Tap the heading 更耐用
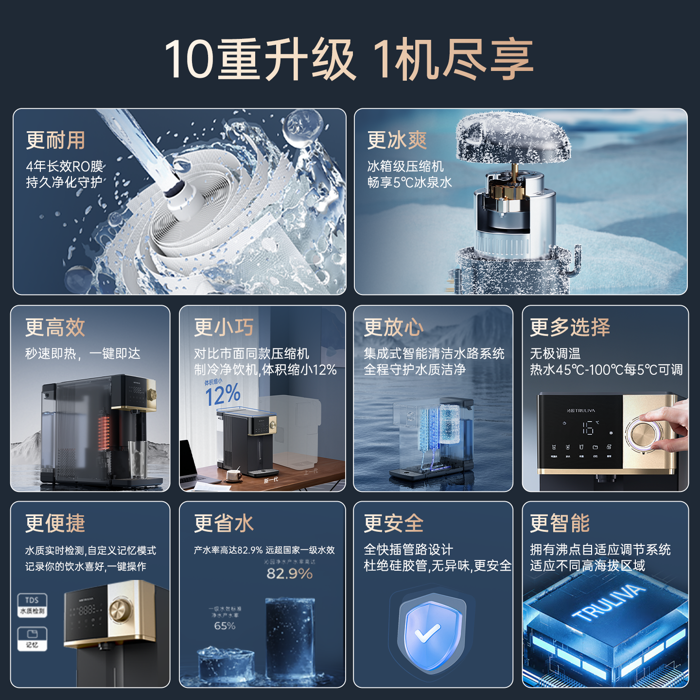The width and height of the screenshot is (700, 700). tap(55, 140)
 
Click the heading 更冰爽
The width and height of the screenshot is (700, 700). tap(397, 140)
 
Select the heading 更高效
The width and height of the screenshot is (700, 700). tap(55, 328)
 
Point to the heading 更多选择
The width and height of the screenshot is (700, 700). tap(570, 327)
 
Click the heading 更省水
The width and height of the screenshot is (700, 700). tap(224, 524)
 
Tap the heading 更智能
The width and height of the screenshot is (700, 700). tap(560, 524)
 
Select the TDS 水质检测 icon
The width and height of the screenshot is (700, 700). tap(33, 605)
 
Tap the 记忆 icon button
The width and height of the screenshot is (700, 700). tap(33, 638)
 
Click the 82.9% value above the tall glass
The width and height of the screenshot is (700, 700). tap(289, 574)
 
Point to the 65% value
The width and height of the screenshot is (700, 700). tap(225, 626)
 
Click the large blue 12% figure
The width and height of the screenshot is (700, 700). tap(223, 395)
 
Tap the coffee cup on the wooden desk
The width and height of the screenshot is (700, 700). tap(234, 474)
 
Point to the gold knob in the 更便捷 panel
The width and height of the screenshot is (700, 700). tap(118, 611)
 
